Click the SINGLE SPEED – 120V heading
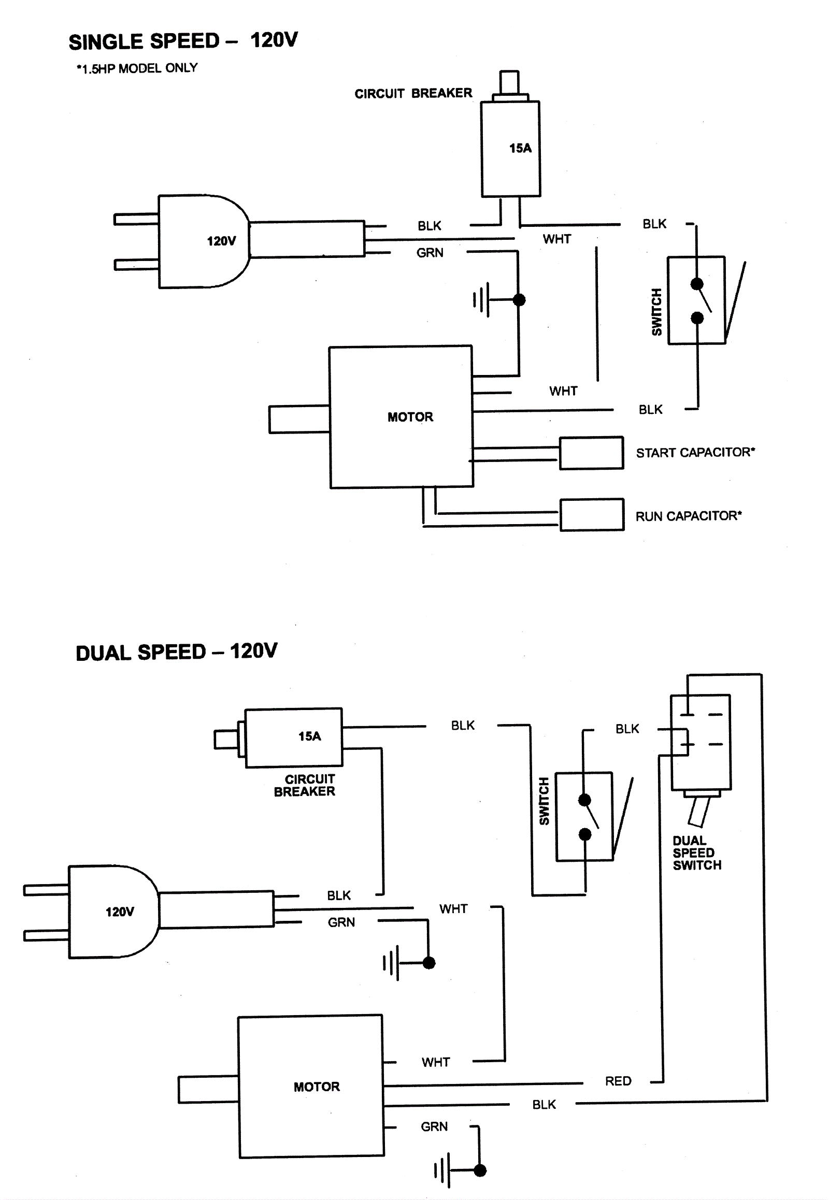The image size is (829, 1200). [x=183, y=41]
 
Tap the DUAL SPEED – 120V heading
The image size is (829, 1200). [x=177, y=652]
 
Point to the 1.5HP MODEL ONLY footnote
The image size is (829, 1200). [x=137, y=68]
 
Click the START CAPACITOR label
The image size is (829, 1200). [x=695, y=453]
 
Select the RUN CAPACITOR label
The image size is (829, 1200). [x=688, y=516]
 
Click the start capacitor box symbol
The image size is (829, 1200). [x=591, y=453]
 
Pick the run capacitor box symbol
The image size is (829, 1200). [x=592, y=515]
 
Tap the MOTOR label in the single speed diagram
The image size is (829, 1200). [x=410, y=417]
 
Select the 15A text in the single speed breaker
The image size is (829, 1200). [x=520, y=149]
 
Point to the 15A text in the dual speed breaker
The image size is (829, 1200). [x=309, y=736]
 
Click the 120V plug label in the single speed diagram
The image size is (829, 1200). [x=221, y=241]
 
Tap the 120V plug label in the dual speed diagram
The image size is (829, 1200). [x=120, y=912]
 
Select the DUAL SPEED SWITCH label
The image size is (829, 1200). [x=696, y=852]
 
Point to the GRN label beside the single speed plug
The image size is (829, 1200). [x=430, y=253]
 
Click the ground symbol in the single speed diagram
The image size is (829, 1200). [x=483, y=300]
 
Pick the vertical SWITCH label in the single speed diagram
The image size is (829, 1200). [x=657, y=312]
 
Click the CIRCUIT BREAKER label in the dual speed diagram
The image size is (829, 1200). [x=305, y=785]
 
